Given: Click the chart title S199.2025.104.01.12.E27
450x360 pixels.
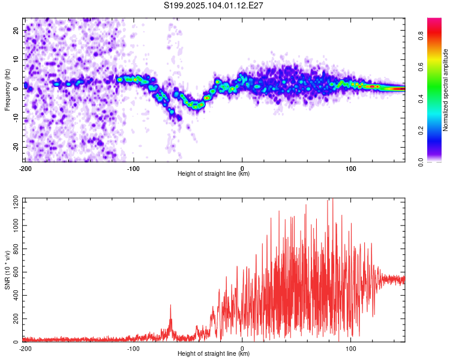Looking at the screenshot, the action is pyautogui.click(x=214, y=5).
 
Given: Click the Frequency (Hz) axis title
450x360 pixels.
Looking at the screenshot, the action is pyautogui.click(x=7, y=90).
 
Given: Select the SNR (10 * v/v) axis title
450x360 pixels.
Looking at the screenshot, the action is pyautogui.click(x=7, y=270).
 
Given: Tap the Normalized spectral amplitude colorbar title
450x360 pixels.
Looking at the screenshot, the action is pyautogui.click(x=445, y=90).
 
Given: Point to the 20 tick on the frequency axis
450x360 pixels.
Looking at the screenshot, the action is pyautogui.click(x=16, y=30).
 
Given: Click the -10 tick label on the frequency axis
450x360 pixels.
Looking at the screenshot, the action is pyautogui.click(x=16, y=118).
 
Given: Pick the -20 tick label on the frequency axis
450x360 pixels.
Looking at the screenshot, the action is pyautogui.click(x=16, y=146).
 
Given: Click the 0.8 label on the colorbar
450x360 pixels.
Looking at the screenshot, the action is pyautogui.click(x=421, y=36).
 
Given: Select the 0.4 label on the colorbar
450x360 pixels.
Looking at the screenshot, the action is pyautogui.click(x=421, y=98).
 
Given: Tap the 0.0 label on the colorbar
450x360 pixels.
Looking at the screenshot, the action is pyautogui.click(x=421, y=162).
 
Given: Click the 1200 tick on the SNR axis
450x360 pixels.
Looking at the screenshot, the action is pyautogui.click(x=16, y=202).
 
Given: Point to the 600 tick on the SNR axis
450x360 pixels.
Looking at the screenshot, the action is pyautogui.click(x=16, y=272).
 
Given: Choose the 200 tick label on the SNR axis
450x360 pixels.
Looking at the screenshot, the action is pyautogui.click(x=16, y=319).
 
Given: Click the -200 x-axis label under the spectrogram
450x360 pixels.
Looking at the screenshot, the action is pyautogui.click(x=26, y=168).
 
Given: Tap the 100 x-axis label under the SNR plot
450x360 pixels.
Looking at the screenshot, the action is pyautogui.click(x=351, y=349).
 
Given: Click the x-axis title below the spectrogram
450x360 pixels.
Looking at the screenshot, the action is pyautogui.click(x=214, y=173).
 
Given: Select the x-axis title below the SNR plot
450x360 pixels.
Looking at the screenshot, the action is pyautogui.click(x=214, y=353).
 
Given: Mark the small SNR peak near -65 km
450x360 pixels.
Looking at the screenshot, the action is pyautogui.click(x=170, y=306).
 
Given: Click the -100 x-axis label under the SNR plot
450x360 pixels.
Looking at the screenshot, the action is pyautogui.click(x=133, y=349).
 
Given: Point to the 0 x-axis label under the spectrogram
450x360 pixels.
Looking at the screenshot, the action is pyautogui.click(x=242, y=168).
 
